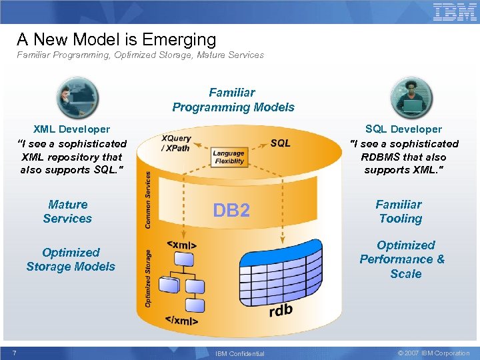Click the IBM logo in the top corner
455,12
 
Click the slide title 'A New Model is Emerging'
117,39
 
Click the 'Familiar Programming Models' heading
233,100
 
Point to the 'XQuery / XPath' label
176,143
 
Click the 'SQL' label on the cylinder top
280,143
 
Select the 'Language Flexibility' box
229,157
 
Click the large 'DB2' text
231,211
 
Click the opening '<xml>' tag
181,245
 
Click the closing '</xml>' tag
181,321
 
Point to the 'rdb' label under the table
281,311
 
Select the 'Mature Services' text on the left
67,211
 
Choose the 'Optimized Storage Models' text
71,259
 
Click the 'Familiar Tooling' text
399,211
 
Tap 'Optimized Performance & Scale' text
403,259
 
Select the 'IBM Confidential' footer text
240,353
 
